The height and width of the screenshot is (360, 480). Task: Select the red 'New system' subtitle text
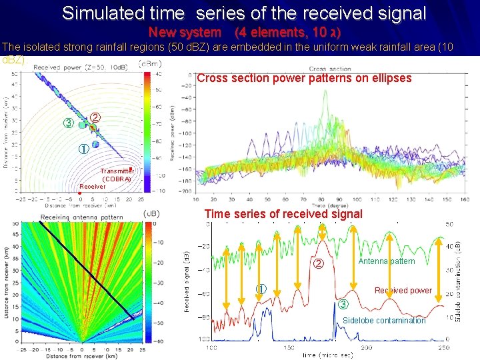(x=184, y=33)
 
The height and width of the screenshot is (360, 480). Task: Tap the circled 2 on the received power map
(x=95, y=117)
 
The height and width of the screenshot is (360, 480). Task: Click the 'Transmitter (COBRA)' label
(x=117, y=175)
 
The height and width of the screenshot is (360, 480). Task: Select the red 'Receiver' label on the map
(x=93, y=187)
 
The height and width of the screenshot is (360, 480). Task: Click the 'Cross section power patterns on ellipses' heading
(x=304, y=78)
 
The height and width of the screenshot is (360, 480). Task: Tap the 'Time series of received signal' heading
(x=283, y=214)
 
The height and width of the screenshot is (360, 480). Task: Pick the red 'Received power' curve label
(x=403, y=291)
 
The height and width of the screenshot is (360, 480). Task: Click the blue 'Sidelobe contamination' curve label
(x=383, y=321)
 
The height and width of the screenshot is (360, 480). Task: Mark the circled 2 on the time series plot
(x=319, y=264)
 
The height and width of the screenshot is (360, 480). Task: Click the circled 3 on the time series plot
(x=343, y=305)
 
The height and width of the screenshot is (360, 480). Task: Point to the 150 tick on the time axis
(x=289, y=348)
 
